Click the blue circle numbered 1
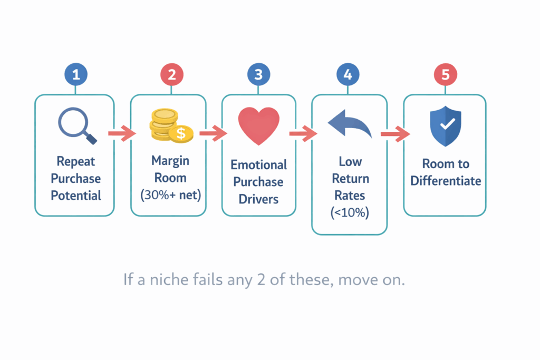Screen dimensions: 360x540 click(76, 75)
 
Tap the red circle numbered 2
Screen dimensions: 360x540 click(171, 75)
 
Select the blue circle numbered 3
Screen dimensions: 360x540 click(258, 75)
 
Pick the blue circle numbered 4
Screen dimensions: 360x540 click(348, 75)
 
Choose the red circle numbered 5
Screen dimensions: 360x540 click(446, 75)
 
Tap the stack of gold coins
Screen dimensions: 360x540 click(168, 125)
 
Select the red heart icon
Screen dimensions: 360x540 click(258, 125)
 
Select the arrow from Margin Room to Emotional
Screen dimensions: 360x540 click(213, 134)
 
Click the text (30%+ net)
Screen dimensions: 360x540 click(171, 194)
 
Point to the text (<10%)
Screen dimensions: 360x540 click(349, 212)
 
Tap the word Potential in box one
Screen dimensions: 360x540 click(76, 196)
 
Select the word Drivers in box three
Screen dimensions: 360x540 click(258, 199)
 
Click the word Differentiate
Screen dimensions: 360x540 click(446, 181)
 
